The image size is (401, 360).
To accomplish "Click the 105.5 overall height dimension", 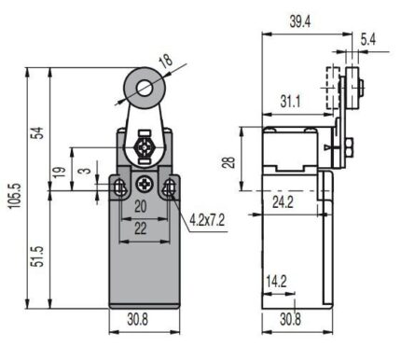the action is coord(16,196).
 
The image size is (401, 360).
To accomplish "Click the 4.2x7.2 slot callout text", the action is coord(207,221).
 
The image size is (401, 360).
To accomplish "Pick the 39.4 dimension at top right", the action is coord(300,21).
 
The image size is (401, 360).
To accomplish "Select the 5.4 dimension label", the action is coord(368,39).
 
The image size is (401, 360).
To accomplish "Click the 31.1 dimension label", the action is coord(290,102).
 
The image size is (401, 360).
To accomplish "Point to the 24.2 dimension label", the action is coord(283,202).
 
